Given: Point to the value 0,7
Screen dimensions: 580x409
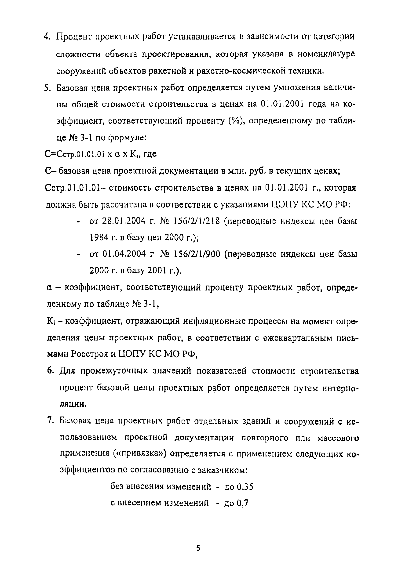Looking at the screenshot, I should pyautogui.click(x=243, y=504).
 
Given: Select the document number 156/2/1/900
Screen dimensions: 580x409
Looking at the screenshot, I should pyautogui.click(x=197, y=254).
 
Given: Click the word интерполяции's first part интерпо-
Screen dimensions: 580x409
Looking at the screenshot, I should pyautogui.click(x=340, y=388).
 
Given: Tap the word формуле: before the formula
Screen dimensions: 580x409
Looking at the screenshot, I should pyautogui.click(x=127, y=138).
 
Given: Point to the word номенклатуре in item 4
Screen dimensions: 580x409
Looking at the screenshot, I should pyautogui.click(x=326, y=54).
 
